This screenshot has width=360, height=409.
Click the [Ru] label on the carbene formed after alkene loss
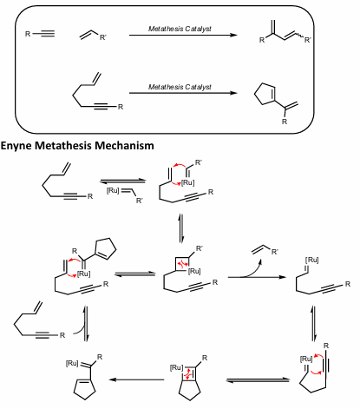pos(308,258)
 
